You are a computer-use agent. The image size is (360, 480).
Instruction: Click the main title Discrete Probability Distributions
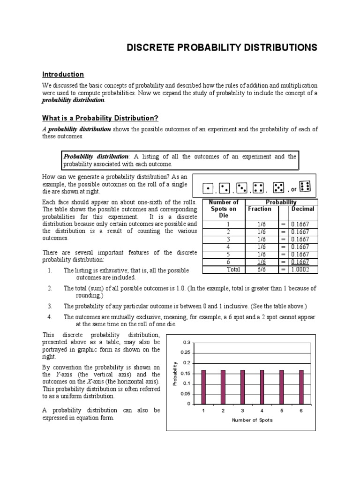[223, 48]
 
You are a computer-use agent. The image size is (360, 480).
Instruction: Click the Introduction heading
[63, 74]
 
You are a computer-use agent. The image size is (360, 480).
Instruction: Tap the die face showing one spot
[207, 188]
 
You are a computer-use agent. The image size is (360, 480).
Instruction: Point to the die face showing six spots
[305, 187]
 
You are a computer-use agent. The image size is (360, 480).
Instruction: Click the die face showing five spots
[278, 187]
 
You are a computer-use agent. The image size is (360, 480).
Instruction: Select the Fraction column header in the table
[260, 209]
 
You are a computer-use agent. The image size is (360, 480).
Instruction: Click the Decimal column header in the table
[302, 209]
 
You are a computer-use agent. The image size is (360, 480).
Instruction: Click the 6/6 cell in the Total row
[262, 270]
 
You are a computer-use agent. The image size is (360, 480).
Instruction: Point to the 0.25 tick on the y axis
[186, 352]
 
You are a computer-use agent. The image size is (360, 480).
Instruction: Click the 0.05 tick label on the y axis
[186, 394]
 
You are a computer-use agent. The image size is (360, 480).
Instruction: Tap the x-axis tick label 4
[262, 411]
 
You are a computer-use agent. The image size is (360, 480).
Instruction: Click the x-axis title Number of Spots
[252, 420]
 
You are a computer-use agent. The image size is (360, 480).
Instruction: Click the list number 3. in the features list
[49, 306]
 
